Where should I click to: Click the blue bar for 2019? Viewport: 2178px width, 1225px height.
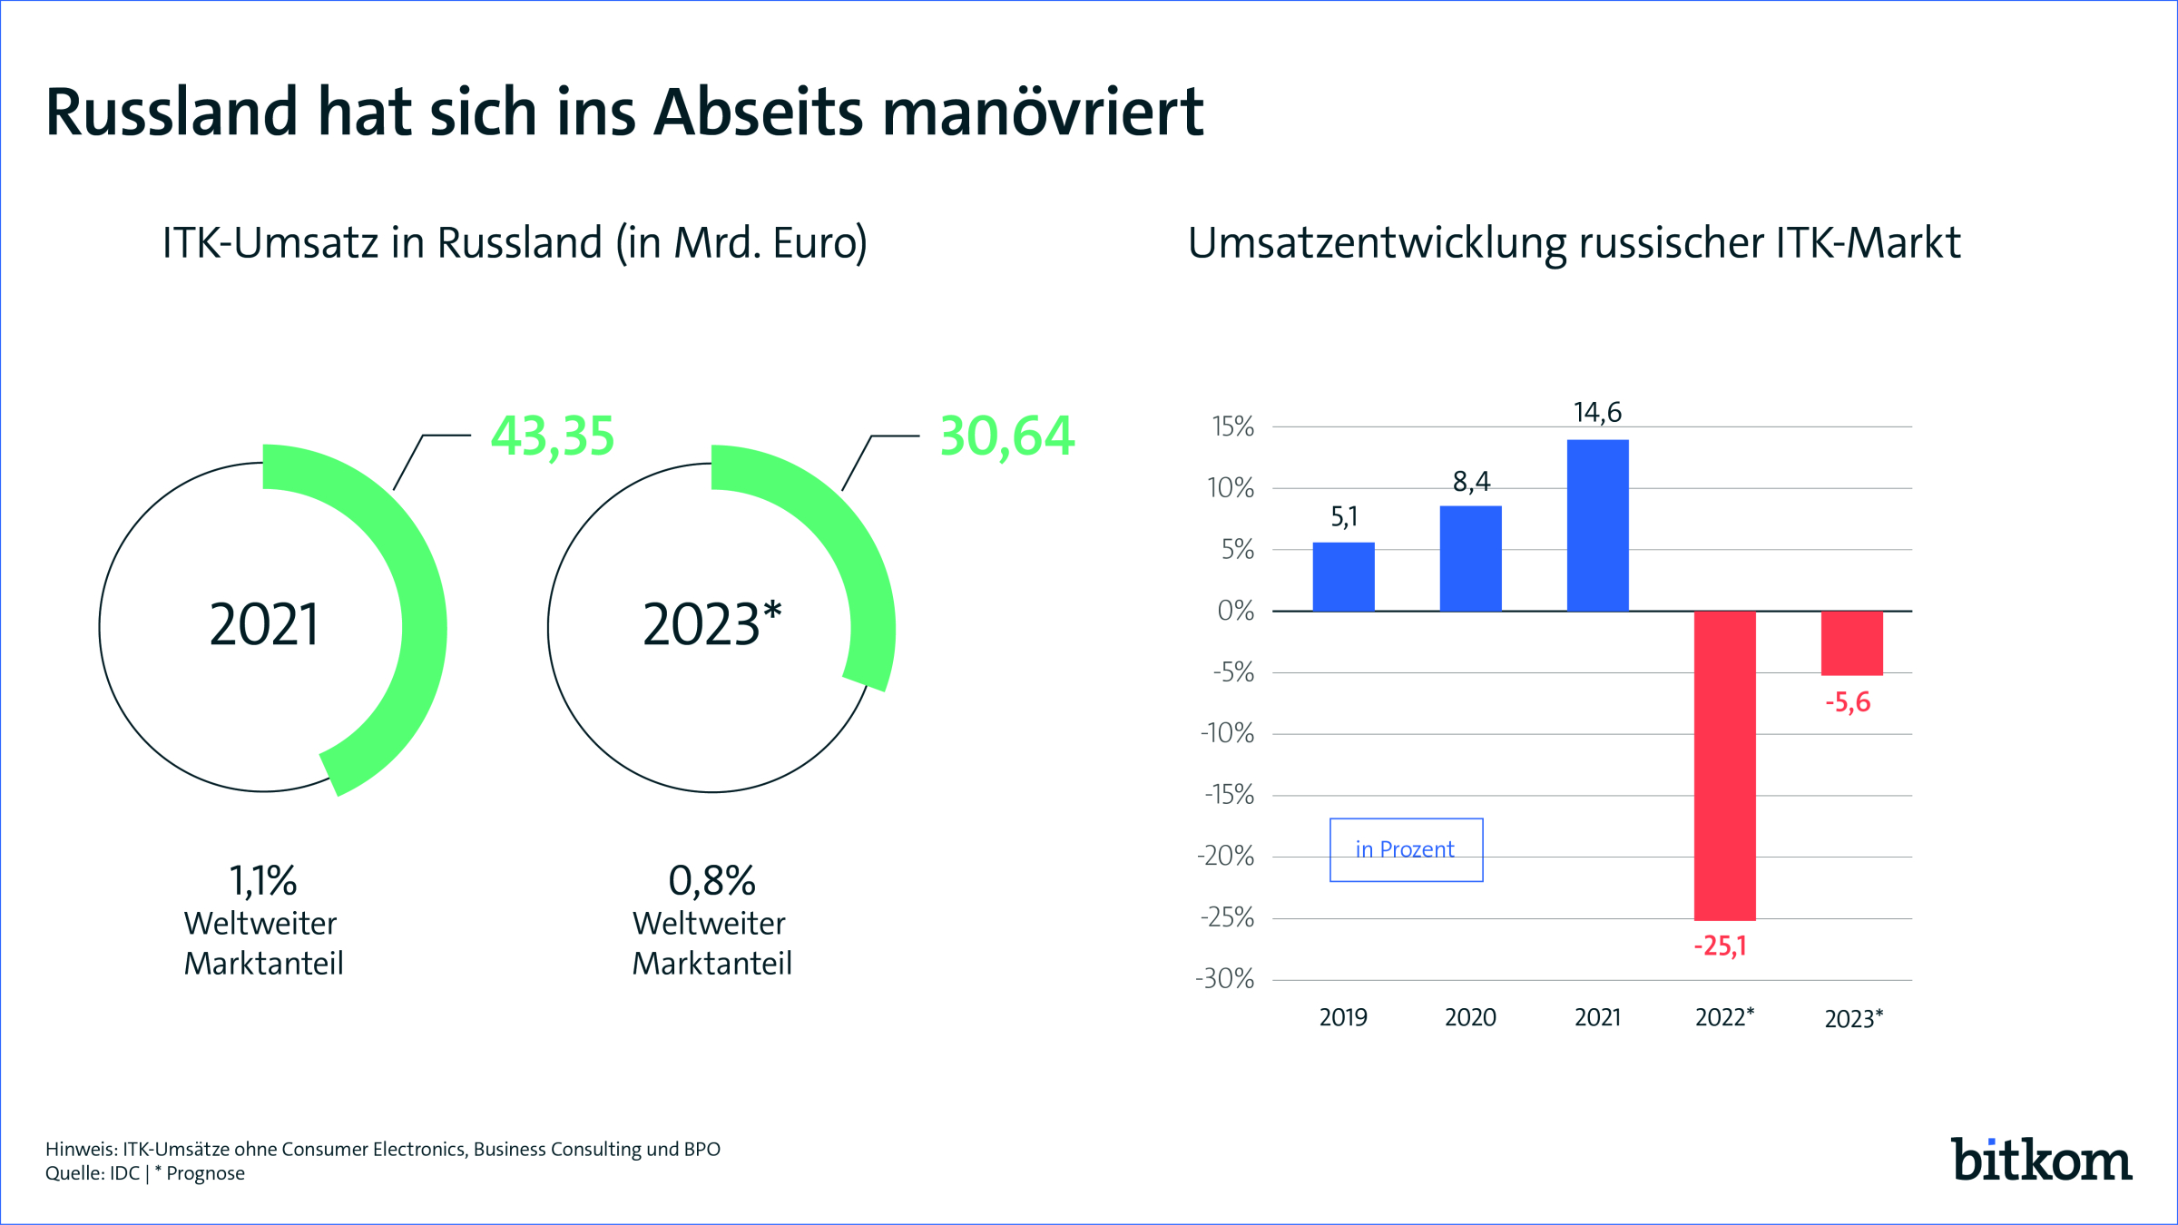[1343, 577]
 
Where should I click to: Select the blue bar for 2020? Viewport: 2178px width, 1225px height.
[1470, 559]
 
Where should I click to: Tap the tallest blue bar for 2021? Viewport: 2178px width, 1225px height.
[1597, 525]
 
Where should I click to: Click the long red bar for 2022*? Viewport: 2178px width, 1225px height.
[1724, 766]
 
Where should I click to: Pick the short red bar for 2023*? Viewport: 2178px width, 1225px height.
[1851, 643]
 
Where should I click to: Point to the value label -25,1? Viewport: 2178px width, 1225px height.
[1720, 946]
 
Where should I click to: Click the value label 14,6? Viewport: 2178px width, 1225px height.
[1597, 413]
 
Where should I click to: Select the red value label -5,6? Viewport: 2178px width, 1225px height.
[1848, 702]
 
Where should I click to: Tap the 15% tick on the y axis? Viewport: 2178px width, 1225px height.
[1232, 426]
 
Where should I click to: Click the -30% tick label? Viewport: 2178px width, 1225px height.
[1224, 979]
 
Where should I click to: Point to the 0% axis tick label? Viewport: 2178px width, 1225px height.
[1236, 611]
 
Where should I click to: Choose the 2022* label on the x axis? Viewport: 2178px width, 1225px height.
[1724, 1017]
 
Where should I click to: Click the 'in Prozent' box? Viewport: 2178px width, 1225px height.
[1406, 850]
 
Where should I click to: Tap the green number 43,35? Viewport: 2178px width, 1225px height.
[553, 436]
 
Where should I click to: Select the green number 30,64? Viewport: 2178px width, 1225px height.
[1007, 436]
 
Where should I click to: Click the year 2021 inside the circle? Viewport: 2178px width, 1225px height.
[264, 625]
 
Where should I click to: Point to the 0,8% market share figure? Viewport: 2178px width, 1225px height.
[712, 880]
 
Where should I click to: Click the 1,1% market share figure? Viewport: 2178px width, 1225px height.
[263, 880]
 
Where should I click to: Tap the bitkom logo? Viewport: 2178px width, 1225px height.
[2042, 1160]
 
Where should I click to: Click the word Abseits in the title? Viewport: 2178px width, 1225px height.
[759, 113]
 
